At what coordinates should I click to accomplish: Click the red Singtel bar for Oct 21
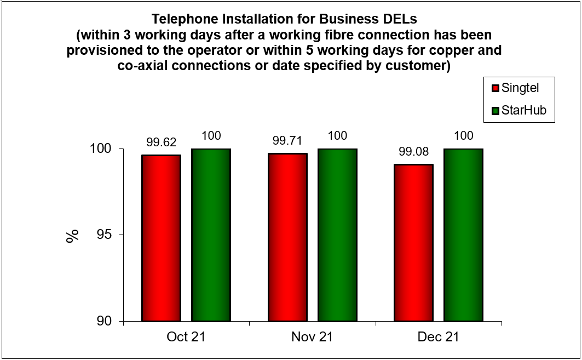pyautogui.click(x=161, y=238)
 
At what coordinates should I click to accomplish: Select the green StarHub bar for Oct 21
pyautogui.click(x=211, y=236)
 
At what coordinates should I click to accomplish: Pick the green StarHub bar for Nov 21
pyautogui.click(x=337, y=236)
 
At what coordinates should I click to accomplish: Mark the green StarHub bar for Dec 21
pyautogui.click(x=463, y=236)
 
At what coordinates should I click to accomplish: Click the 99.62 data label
pyautogui.click(x=161, y=143)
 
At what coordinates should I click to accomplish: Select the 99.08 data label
pyautogui.click(x=414, y=152)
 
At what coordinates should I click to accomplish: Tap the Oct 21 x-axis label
pyautogui.click(x=186, y=337)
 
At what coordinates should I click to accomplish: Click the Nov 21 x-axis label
pyautogui.click(x=312, y=337)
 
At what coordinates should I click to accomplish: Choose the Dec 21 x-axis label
pyautogui.click(x=439, y=337)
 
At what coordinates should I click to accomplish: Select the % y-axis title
pyautogui.click(x=72, y=236)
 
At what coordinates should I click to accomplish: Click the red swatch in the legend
pyautogui.click(x=495, y=88)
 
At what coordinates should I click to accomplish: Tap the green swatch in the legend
pyautogui.click(x=495, y=111)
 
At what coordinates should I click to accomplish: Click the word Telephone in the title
pyautogui.click(x=181, y=19)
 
